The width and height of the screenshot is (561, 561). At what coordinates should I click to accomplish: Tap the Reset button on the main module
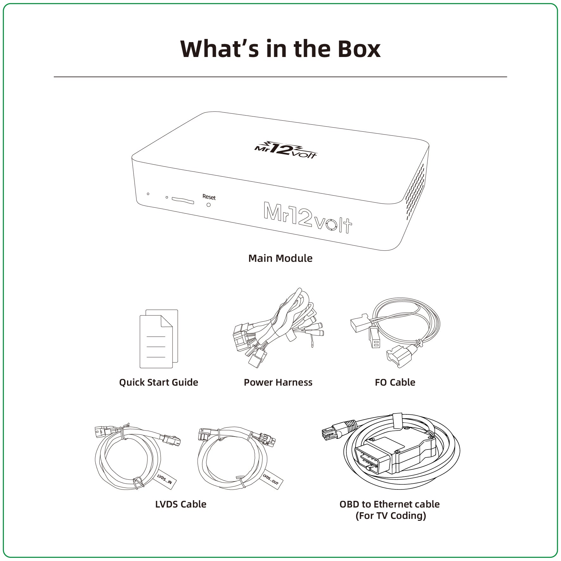[x=208, y=205]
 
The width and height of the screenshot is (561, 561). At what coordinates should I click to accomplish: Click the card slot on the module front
[x=183, y=200]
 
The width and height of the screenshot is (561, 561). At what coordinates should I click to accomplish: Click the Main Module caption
[x=280, y=258]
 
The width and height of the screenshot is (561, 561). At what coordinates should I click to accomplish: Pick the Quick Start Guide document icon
[x=159, y=339]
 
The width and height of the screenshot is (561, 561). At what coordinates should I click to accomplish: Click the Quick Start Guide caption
[x=159, y=382]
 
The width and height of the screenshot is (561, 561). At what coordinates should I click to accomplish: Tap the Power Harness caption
[x=278, y=382]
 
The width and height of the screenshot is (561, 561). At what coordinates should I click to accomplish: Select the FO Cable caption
[x=395, y=382]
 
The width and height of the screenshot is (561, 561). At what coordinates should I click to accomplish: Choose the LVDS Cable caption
[x=181, y=504]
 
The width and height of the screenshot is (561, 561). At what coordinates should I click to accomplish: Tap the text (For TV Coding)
[x=391, y=516]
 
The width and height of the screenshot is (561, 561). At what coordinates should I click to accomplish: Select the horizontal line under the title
[x=280, y=77]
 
